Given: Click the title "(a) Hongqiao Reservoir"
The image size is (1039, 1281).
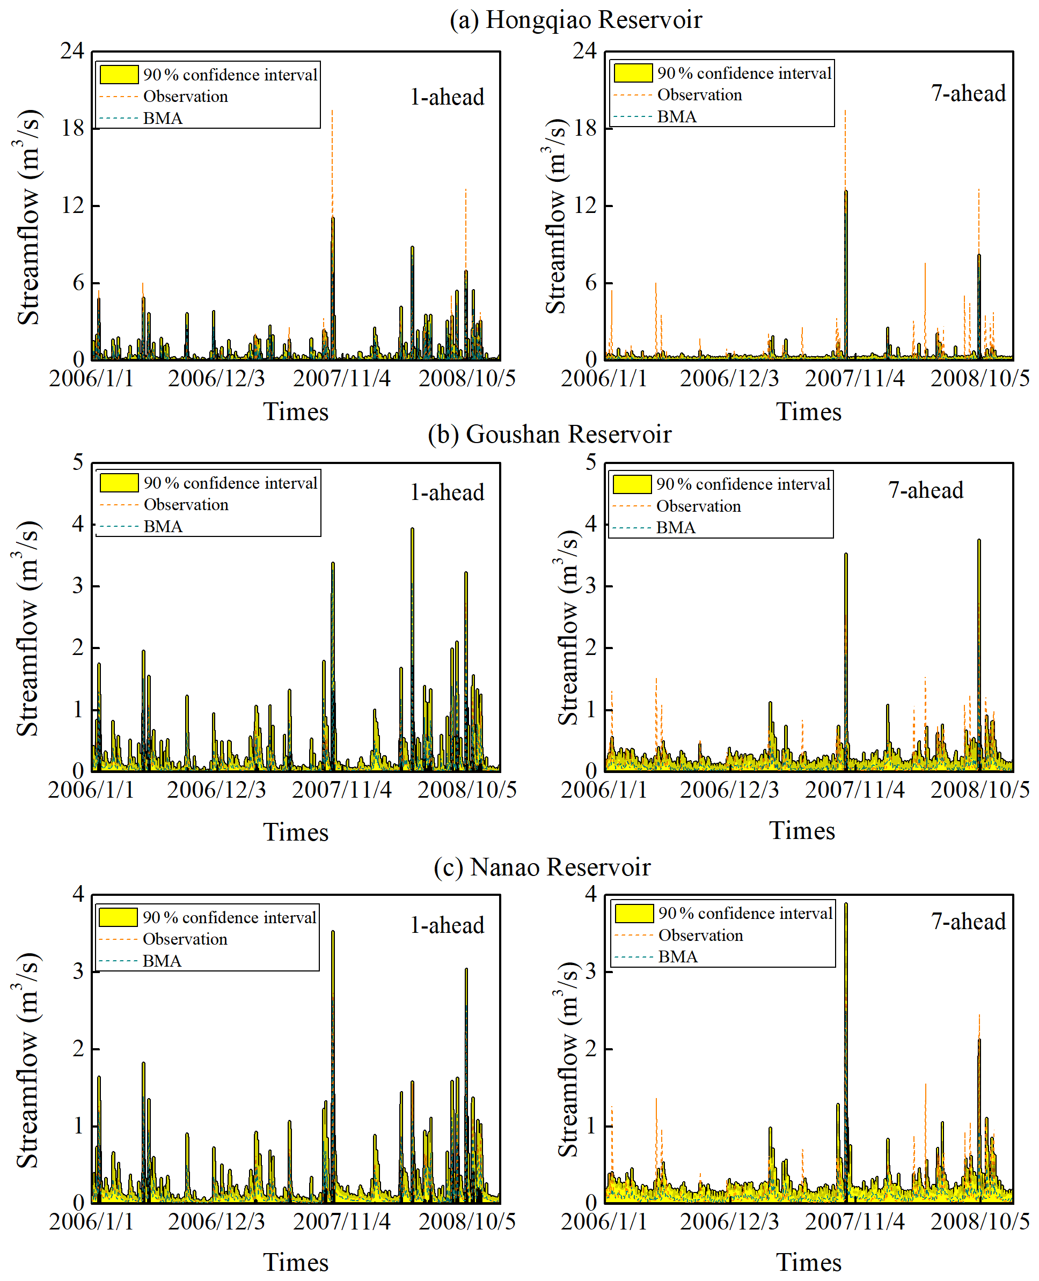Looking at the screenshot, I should [575, 20].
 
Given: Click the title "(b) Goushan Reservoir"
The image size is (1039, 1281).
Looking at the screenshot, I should [550, 435].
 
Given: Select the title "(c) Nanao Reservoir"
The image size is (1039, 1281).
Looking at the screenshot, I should [542, 867].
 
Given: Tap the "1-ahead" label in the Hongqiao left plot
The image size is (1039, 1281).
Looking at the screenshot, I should [447, 97].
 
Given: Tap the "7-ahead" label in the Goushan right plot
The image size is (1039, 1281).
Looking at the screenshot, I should [925, 490].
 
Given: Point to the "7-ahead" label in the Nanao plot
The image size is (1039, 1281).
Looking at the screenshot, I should [968, 922].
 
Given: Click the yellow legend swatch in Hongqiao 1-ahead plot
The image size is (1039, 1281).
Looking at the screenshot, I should [119, 74].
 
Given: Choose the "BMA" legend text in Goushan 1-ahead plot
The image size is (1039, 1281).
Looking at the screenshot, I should [163, 527].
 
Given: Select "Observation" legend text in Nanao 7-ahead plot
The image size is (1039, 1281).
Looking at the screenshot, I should [700, 935].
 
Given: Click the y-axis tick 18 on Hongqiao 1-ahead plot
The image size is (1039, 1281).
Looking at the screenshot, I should [73, 128].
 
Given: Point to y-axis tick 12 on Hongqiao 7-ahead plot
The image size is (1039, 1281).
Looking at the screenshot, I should [586, 205].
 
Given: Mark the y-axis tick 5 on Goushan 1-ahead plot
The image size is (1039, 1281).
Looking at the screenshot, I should [78, 462].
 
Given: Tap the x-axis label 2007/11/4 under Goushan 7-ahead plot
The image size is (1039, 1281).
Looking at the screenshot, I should [855, 790].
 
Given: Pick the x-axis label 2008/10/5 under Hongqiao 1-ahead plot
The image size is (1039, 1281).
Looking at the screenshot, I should [467, 378].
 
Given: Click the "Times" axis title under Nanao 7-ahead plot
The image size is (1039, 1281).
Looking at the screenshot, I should [809, 1262].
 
